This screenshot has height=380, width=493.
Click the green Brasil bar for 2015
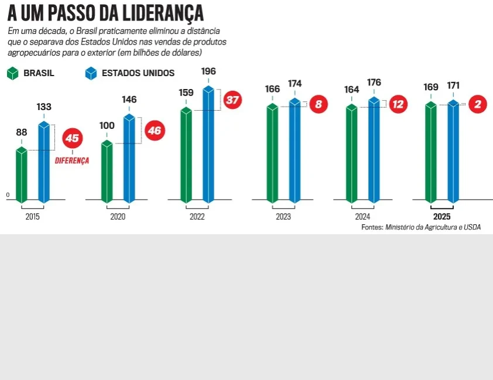tap(22, 175)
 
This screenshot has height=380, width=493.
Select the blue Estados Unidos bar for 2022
tap(208, 145)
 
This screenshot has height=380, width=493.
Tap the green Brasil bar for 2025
tap(431, 152)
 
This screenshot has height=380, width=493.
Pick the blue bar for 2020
tap(129, 159)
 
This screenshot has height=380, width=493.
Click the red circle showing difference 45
tap(73, 138)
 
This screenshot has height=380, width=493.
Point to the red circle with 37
tap(232, 100)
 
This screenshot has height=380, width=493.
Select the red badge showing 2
tap(478, 104)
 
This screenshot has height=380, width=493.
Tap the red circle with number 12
tap(398, 104)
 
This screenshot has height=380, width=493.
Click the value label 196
tap(208, 71)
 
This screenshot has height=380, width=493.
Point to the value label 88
tap(22, 132)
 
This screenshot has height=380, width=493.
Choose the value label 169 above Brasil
tap(431, 87)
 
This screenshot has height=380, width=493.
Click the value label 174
tap(295, 84)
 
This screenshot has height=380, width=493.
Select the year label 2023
tap(283, 217)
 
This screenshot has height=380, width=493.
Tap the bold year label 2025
tap(441, 217)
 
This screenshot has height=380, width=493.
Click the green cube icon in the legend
tap(12, 73)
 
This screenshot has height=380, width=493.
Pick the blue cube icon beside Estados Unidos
tap(91, 73)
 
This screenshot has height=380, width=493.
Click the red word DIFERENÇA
tap(72, 160)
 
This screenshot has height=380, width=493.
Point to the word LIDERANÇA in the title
tap(163, 13)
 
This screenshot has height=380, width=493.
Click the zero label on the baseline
tap(8, 195)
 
